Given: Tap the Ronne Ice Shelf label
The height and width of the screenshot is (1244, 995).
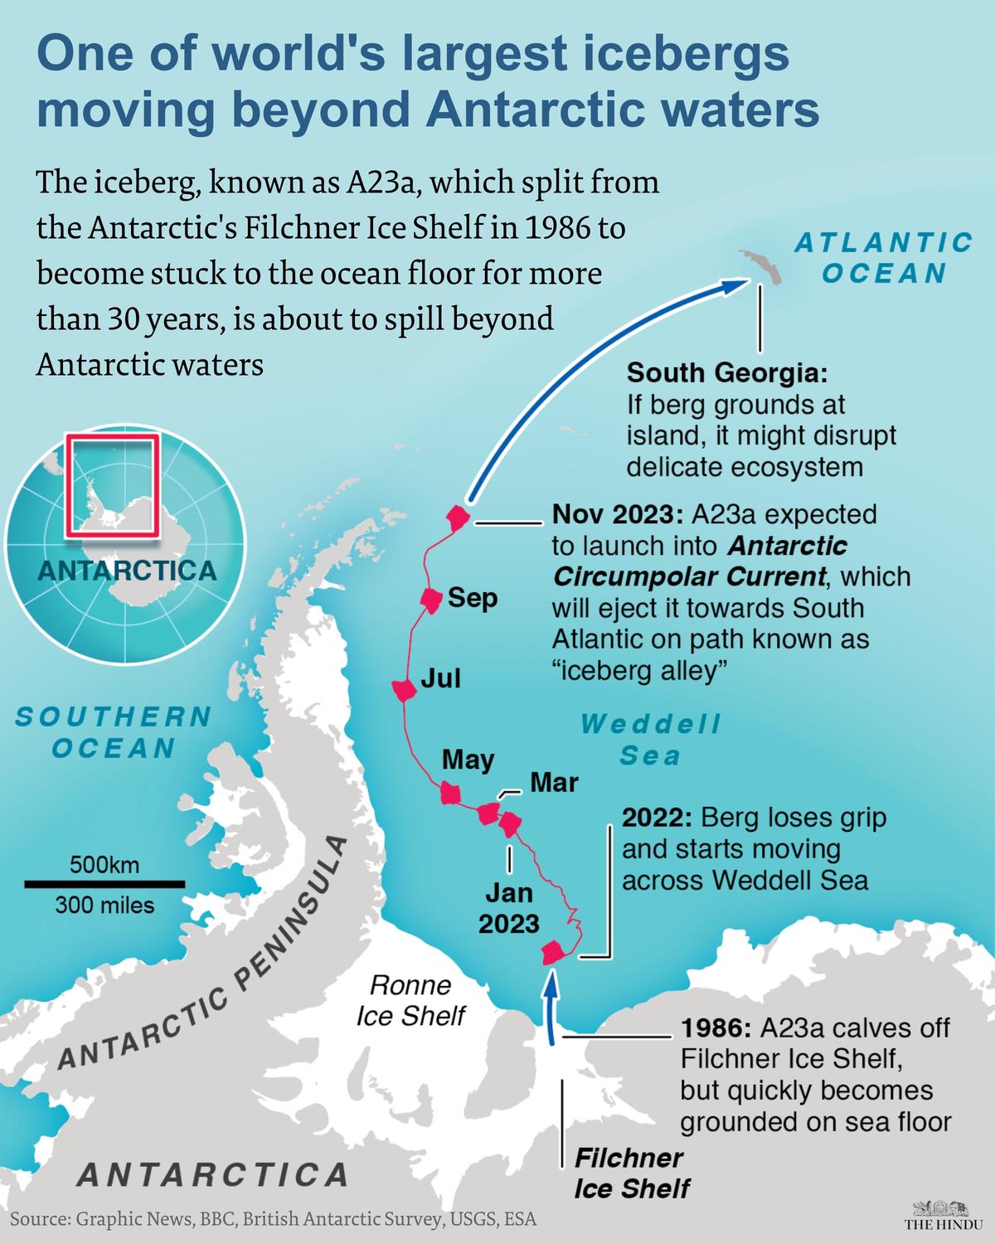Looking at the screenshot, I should [x=411, y=1000].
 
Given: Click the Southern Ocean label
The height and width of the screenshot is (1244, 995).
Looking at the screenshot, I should [x=114, y=731].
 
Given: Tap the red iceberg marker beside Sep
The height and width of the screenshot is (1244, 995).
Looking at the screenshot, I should [x=430, y=599].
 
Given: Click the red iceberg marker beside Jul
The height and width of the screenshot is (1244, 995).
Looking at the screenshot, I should [x=403, y=689].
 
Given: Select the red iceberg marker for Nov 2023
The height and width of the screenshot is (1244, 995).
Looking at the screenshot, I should [x=457, y=519].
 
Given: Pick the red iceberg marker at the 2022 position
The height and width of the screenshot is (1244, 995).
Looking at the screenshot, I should [x=552, y=954].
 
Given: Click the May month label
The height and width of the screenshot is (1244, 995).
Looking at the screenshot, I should [x=468, y=760].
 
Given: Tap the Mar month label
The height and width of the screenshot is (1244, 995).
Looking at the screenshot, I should [x=554, y=781].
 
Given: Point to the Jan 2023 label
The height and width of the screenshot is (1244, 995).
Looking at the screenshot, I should [x=509, y=909].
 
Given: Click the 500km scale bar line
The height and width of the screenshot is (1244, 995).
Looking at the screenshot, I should [x=104, y=884].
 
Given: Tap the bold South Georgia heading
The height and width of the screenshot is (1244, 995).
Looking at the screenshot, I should [x=726, y=373].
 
